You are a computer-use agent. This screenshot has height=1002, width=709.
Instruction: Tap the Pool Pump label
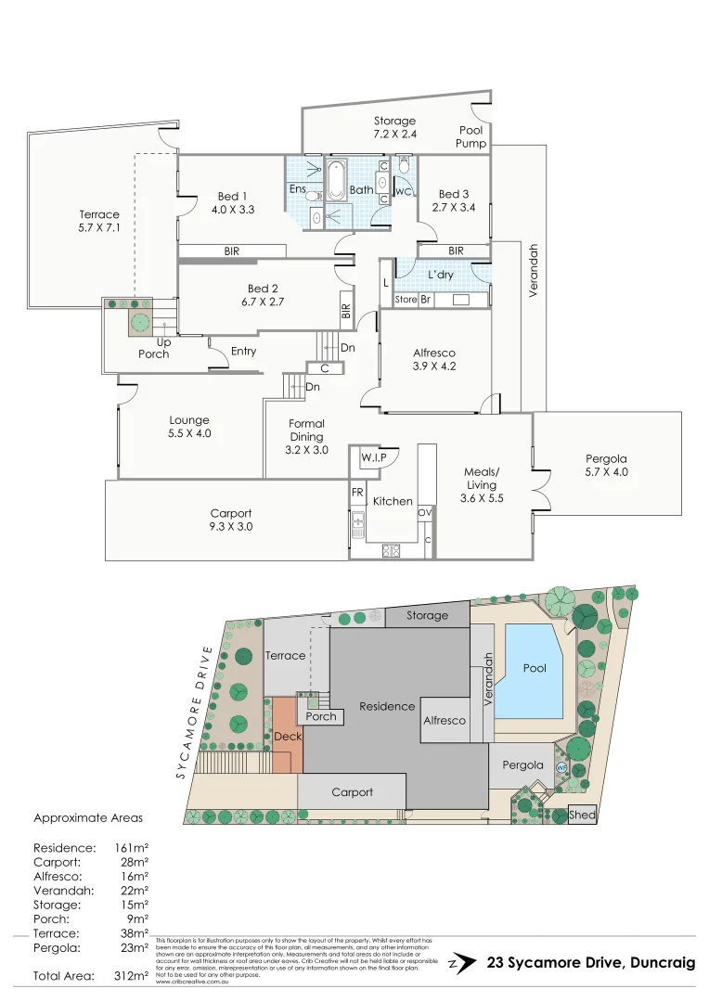471,137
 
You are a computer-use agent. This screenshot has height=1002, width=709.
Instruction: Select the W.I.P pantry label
374,457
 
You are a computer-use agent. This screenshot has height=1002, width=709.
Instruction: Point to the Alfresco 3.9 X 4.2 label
434,359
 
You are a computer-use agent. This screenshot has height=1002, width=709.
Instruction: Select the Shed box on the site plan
582,816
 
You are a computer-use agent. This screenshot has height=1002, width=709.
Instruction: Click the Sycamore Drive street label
197,713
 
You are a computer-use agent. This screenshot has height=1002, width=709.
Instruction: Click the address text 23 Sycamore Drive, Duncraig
590,963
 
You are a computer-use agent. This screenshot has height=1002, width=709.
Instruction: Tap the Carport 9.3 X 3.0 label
231,520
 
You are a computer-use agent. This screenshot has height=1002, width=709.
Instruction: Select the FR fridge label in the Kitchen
357,493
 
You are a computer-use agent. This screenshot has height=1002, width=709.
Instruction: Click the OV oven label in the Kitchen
426,511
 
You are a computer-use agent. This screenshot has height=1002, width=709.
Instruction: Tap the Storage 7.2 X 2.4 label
394,127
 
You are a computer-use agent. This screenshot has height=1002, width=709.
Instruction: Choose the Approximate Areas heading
88,818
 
